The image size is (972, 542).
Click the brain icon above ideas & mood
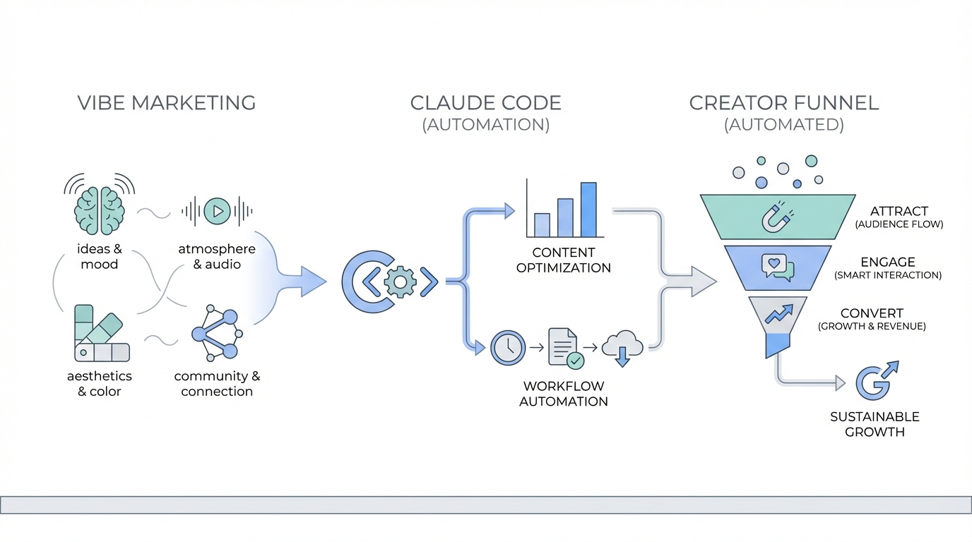coord(100,210)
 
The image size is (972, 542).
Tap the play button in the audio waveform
coord(217,211)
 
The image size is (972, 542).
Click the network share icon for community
coord(216,333)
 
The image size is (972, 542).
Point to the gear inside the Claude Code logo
coord(400,282)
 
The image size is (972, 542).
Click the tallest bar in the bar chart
coord(588,210)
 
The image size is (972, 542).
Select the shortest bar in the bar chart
coord(542,224)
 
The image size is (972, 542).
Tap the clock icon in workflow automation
coord(508,347)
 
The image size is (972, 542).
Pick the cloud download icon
coord(622,347)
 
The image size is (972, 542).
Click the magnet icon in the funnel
coord(777,217)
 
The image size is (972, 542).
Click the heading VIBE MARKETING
coord(167,103)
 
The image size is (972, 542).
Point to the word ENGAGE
coord(888,262)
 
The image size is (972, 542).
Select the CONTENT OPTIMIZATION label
coord(563,260)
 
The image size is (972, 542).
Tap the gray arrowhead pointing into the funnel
coord(701,282)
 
